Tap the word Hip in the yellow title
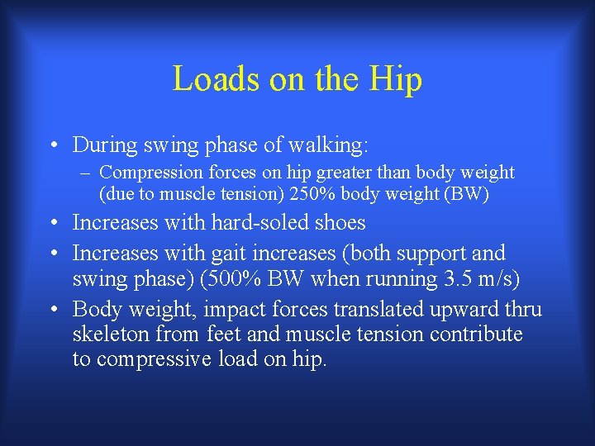(396, 79)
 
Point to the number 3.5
(453, 279)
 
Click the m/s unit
(495, 279)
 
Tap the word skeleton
(110, 334)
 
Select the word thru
(522, 310)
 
